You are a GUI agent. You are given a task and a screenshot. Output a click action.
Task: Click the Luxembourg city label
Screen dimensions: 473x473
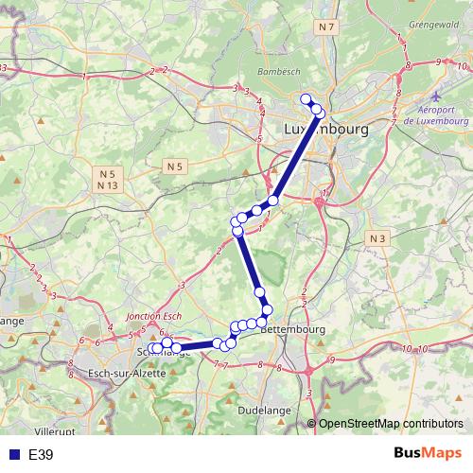325,128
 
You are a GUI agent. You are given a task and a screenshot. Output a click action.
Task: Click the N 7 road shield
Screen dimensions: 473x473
327,27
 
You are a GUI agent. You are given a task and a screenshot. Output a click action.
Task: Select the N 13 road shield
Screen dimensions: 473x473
107,185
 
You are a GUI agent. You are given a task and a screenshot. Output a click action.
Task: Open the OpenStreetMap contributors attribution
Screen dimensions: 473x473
390,425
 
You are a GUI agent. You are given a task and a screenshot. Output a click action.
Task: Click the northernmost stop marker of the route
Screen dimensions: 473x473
306,99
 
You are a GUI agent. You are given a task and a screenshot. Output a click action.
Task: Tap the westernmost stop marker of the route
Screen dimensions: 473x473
153,349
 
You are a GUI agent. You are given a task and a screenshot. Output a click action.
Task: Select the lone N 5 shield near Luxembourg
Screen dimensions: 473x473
173,166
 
